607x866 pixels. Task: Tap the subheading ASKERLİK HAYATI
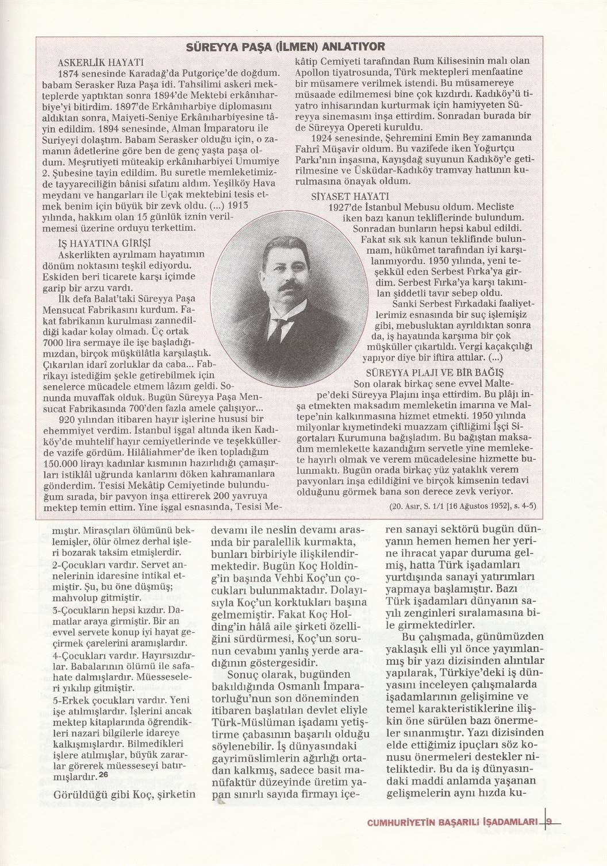[101, 61]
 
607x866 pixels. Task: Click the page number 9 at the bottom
[549, 821]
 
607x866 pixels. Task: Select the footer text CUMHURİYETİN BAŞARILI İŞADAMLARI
[452, 822]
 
